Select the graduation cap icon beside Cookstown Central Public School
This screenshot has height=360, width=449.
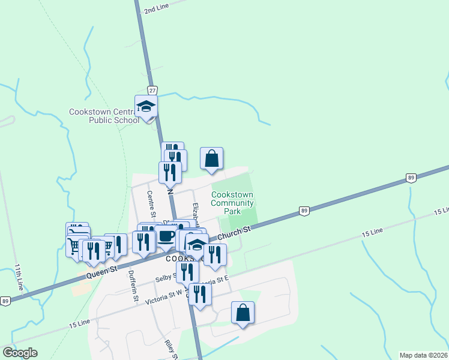pyautogui.click(x=146, y=106)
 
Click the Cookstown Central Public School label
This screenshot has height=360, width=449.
pyautogui.click(x=104, y=116)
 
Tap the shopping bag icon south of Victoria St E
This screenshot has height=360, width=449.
pyautogui.click(x=243, y=313)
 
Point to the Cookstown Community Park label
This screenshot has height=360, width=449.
pyautogui.click(x=232, y=203)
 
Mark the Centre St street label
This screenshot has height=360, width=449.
pyautogui.click(x=151, y=205)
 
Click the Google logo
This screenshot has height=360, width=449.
pyautogui.click(x=20, y=353)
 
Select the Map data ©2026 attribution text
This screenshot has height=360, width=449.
pyautogui.click(x=424, y=355)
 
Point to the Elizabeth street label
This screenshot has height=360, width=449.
pyautogui.click(x=197, y=214)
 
